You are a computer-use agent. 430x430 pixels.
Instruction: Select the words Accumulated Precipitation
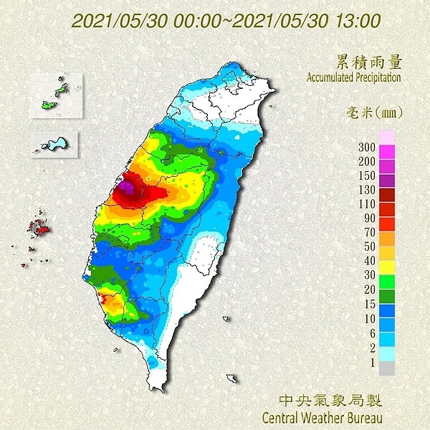click(353, 77)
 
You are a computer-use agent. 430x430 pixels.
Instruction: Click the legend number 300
click(366, 147)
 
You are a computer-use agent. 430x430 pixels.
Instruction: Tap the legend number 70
click(368, 232)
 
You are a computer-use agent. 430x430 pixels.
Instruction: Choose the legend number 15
click(368, 303)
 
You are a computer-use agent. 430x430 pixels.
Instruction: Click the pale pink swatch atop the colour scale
click(387, 136)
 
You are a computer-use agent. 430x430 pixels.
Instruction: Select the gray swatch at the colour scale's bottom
click(387, 368)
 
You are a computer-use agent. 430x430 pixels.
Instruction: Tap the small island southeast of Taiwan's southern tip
click(231, 378)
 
